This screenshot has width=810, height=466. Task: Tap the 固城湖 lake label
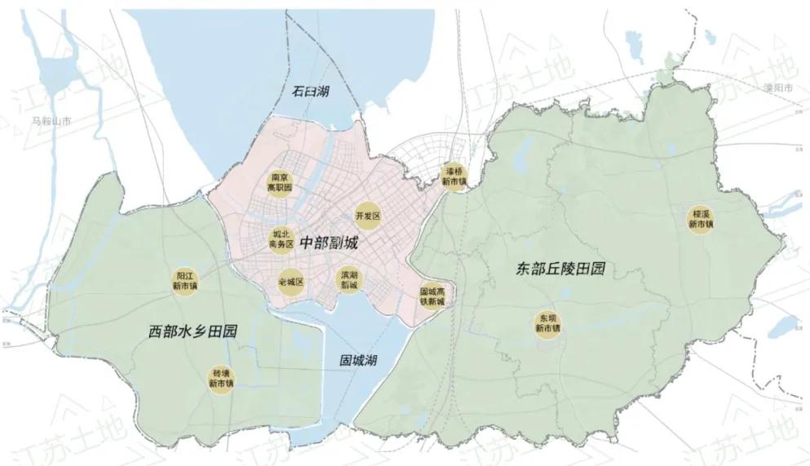(x=359, y=359)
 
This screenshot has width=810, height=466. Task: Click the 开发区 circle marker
(x=368, y=216)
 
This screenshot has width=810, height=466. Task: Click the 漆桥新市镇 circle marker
(x=454, y=177)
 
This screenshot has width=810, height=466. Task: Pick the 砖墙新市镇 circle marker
(x=220, y=379)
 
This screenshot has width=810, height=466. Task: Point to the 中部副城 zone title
(x=329, y=243)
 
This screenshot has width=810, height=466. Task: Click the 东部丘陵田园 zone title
(x=560, y=269)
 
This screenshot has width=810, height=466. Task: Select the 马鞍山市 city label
(x=51, y=121)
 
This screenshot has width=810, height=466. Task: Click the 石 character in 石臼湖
(x=296, y=90)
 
